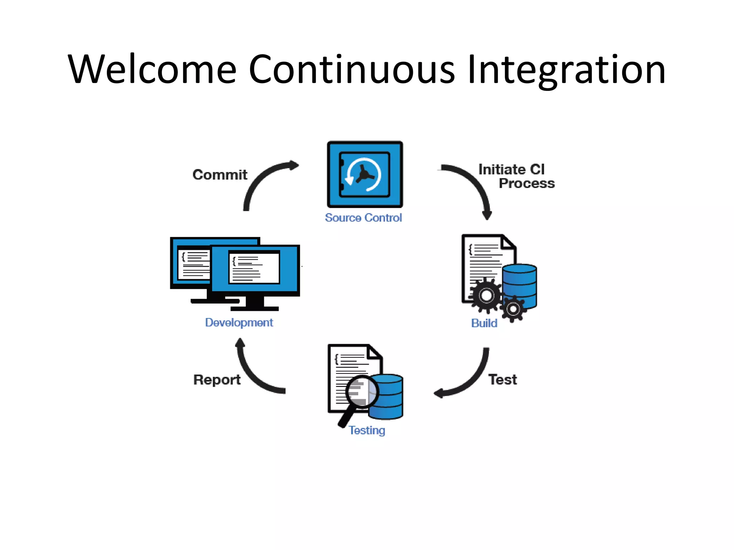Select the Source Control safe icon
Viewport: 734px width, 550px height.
pos(365,174)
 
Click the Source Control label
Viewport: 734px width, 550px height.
pos(363,218)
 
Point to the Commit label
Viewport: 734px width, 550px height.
pos(220,175)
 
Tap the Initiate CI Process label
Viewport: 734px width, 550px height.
pos(516,176)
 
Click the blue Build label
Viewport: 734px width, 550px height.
pos(484,323)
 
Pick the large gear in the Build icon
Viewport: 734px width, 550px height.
pos(486,295)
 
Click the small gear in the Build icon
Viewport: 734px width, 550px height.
pos(513,309)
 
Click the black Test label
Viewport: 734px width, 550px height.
pos(502,380)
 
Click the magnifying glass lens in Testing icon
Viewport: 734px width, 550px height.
pos(362,391)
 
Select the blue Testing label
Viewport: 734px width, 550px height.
pos(367,430)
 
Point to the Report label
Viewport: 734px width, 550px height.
pos(217,380)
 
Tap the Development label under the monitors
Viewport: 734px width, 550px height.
pos(239,323)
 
